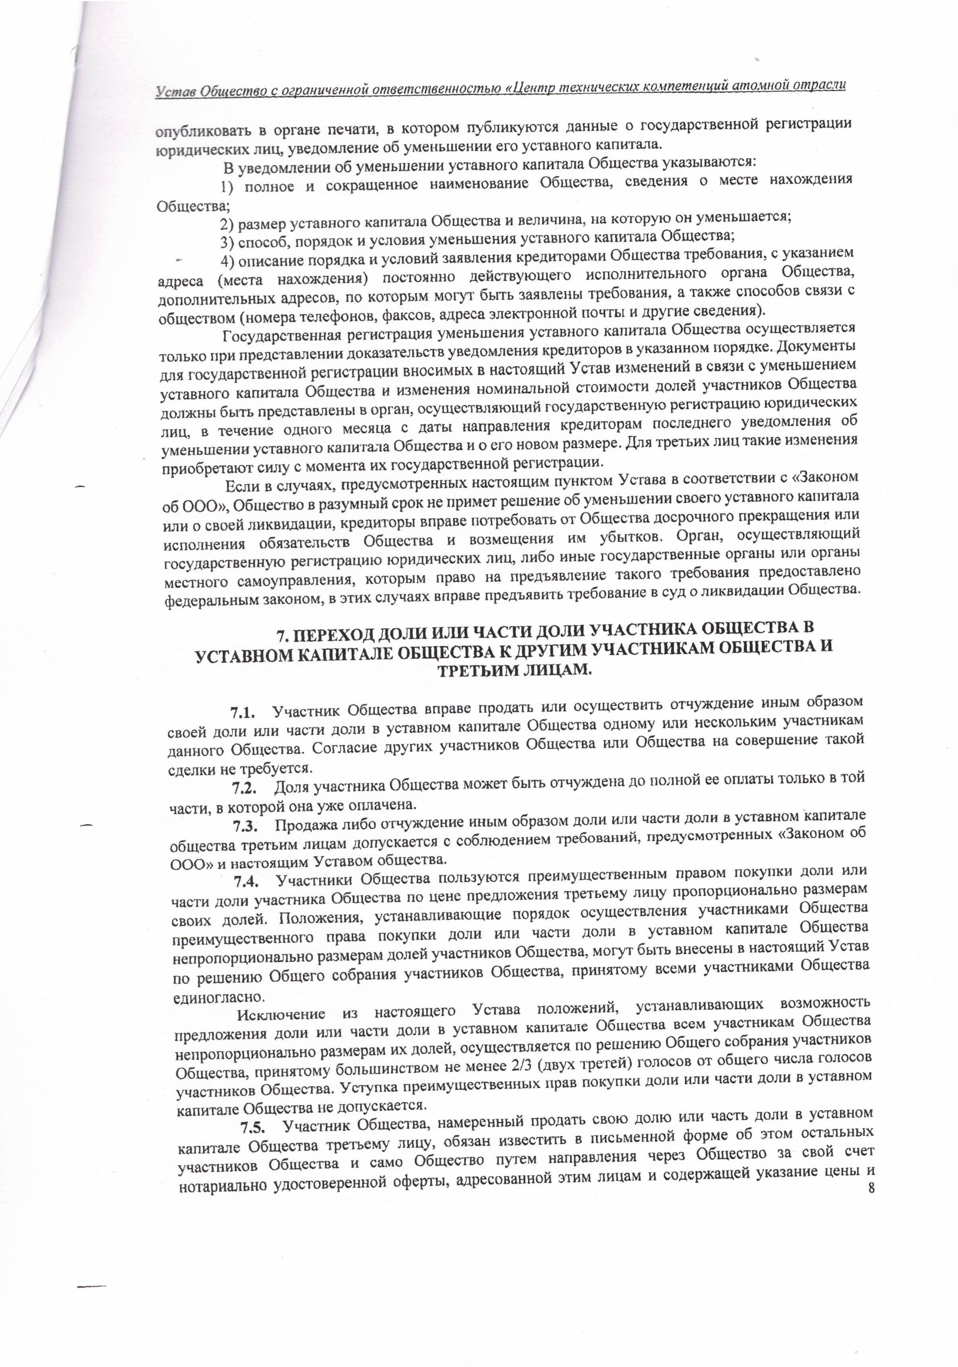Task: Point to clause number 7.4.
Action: (x=246, y=881)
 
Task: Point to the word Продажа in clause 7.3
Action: (x=302, y=827)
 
